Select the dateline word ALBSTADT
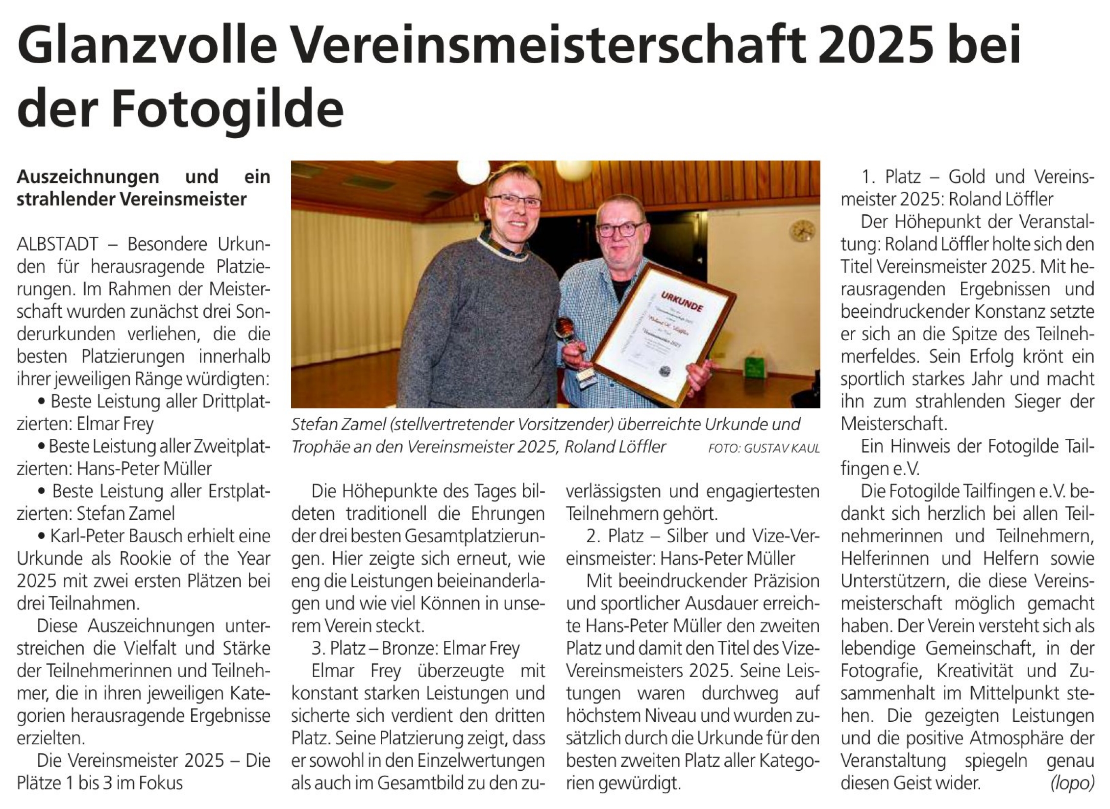coord(57,244)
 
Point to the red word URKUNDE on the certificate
coord(681,301)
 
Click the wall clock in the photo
coord(803,231)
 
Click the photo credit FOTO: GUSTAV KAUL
coord(764,448)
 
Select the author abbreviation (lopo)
coord(1072,783)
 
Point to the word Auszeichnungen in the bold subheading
coord(88,177)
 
